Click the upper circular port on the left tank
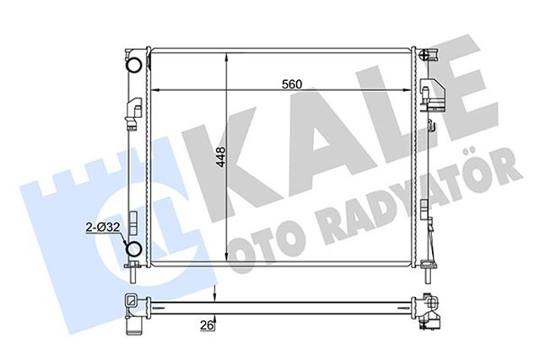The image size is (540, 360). [x=133, y=66]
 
